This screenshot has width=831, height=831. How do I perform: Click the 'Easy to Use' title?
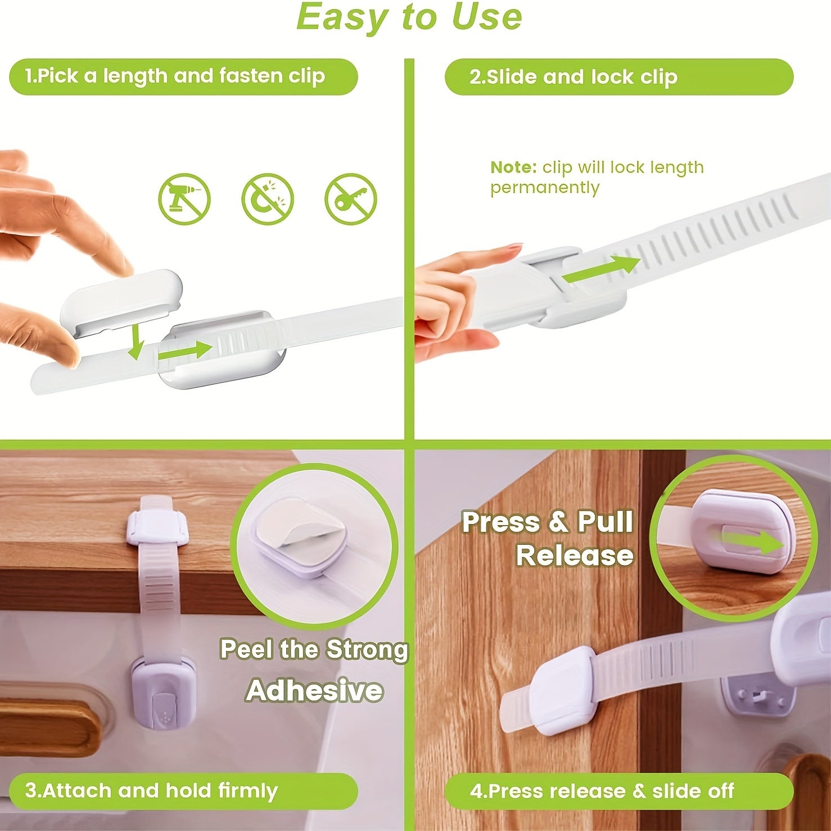(x=409, y=17)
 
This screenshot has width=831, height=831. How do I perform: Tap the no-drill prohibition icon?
(x=184, y=199)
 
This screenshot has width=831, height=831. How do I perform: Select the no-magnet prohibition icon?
(x=268, y=199)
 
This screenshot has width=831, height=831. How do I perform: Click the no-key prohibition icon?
(x=350, y=199)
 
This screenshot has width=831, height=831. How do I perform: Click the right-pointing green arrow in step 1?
(x=184, y=351)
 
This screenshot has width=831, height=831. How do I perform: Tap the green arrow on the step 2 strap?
(x=600, y=269)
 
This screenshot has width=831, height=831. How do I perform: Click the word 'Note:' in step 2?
(x=513, y=168)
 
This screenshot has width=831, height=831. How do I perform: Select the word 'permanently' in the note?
(x=544, y=187)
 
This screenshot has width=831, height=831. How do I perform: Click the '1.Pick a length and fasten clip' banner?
(x=183, y=76)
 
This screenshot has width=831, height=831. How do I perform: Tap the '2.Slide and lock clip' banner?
(x=618, y=76)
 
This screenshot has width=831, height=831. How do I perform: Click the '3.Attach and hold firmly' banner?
(x=183, y=791)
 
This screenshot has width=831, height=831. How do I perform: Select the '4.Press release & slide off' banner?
(x=618, y=791)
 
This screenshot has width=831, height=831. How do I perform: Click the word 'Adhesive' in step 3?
(x=314, y=690)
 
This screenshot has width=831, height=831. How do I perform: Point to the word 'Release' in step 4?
(x=575, y=555)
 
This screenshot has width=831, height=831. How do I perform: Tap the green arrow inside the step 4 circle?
(x=753, y=542)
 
